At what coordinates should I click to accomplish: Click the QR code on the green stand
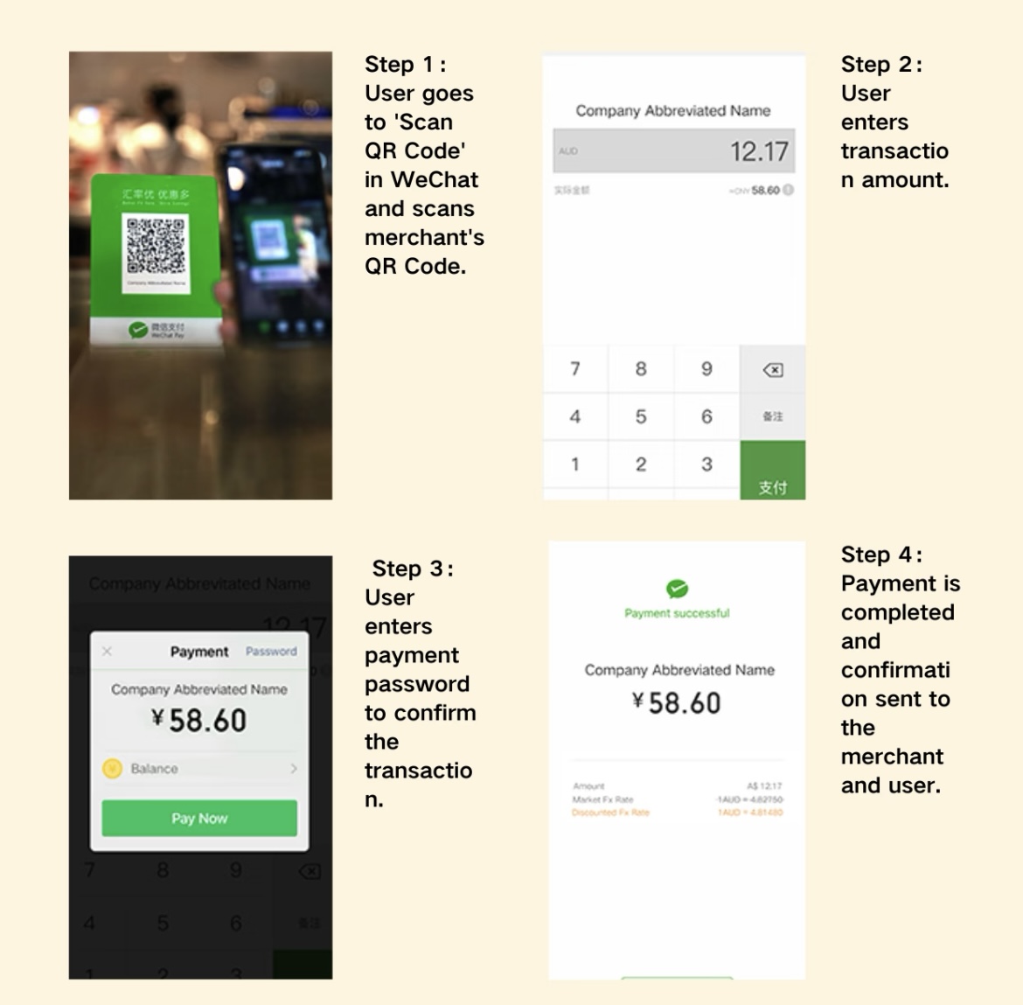click(156, 244)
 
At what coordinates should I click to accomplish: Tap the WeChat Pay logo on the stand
click(138, 330)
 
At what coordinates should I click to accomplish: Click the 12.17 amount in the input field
click(758, 151)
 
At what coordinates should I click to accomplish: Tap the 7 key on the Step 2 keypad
click(574, 369)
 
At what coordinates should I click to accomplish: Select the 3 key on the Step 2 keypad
click(706, 464)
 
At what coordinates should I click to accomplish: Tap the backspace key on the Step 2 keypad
click(772, 370)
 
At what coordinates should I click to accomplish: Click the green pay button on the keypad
click(772, 472)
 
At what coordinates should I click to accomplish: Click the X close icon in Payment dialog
click(108, 652)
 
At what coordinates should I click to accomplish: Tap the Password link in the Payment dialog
click(271, 652)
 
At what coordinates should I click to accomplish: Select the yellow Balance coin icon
click(112, 769)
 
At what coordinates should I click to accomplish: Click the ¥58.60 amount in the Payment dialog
click(199, 721)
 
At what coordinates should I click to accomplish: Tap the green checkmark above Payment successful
click(677, 589)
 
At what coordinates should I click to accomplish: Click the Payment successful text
click(677, 613)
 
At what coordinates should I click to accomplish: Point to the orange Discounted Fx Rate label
click(610, 813)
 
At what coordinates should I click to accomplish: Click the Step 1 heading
click(405, 65)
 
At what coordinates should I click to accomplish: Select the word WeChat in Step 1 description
click(435, 179)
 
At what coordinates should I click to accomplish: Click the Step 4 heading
click(880, 555)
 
